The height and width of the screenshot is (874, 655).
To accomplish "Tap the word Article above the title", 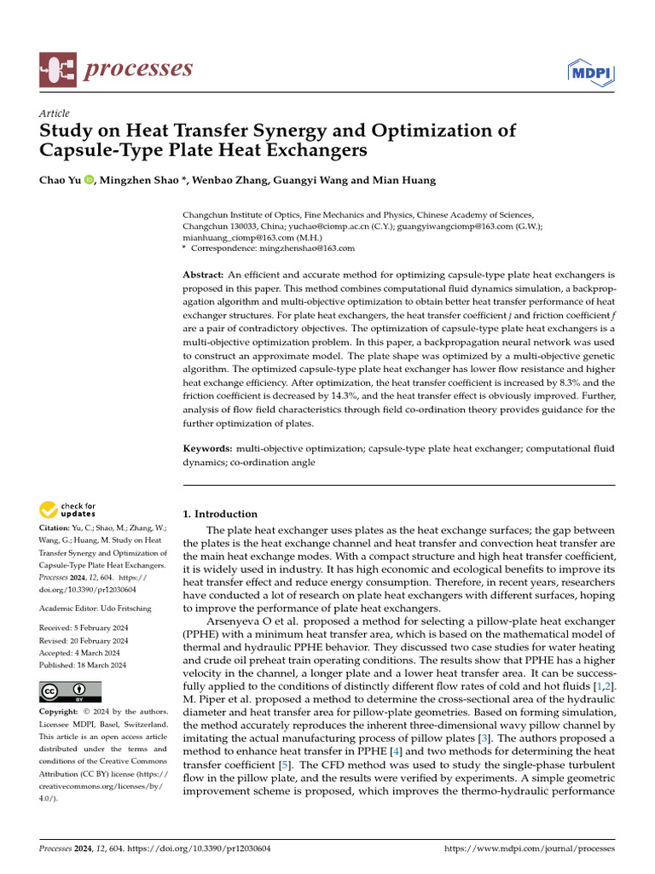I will [x=55, y=114].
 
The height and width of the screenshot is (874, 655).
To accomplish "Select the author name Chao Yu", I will [x=60, y=180].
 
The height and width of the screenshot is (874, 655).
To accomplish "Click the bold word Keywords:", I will [x=208, y=448].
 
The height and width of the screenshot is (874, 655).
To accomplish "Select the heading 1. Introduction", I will [x=221, y=514].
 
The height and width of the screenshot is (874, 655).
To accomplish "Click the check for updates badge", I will [x=68, y=510].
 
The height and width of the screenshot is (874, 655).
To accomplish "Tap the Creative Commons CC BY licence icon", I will [x=70, y=691].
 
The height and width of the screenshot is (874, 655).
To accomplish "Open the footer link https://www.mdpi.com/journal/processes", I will [x=530, y=849].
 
